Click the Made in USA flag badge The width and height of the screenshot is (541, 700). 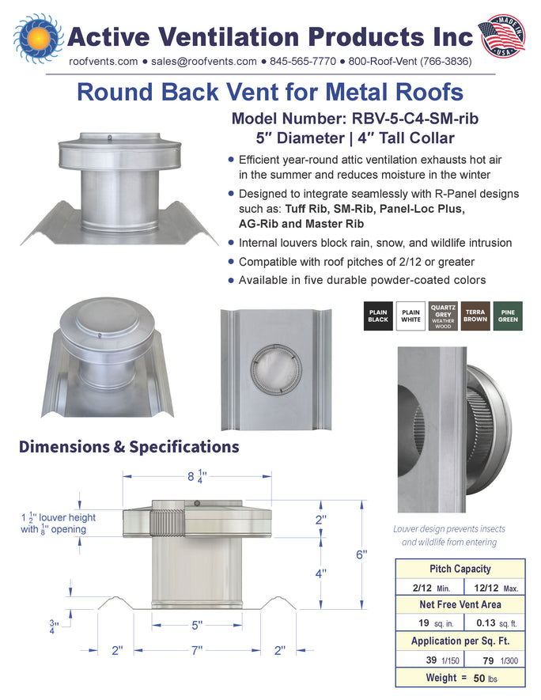tap(502, 36)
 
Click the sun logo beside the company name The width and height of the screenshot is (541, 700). tap(38, 38)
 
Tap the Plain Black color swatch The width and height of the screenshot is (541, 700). tap(378, 316)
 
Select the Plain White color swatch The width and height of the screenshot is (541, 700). tap(410, 316)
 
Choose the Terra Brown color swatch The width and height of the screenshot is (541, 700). tap(475, 316)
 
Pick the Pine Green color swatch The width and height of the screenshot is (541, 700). tap(508, 316)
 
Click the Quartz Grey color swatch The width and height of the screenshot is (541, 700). tap(443, 316)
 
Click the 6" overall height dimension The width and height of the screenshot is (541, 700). tap(361, 554)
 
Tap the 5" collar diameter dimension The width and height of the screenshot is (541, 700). tap(197, 625)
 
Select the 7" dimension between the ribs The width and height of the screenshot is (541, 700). tap(197, 650)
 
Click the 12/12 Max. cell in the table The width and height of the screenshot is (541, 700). tap(495, 588)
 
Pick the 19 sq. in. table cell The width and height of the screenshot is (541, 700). tap(429, 622)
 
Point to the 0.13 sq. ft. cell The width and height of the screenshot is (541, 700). tap(495, 622)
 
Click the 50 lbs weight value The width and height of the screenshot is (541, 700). tap(485, 679)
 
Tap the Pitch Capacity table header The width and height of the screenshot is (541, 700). tap(460, 569)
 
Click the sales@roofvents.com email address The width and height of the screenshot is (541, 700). tap(204, 62)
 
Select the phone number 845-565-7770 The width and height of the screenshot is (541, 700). tap(303, 62)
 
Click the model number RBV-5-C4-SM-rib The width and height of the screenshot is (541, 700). tap(415, 119)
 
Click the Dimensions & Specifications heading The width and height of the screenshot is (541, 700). tap(129, 447)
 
